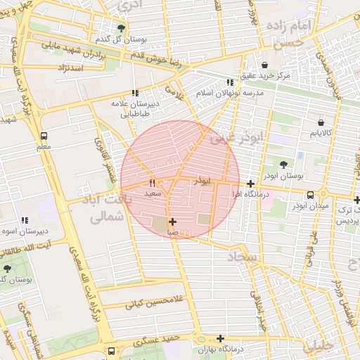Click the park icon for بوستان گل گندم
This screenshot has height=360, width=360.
[121, 28]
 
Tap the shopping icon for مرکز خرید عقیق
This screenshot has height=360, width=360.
[264, 63]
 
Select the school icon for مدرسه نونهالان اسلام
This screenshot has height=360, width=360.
[230, 82]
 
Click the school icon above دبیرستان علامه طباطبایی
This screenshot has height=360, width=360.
[134, 92]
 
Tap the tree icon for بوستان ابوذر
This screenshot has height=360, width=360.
[283, 163]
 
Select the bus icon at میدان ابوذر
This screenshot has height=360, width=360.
[310, 195]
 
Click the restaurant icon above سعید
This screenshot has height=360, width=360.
[152, 183]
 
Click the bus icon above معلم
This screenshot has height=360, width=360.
[44, 136]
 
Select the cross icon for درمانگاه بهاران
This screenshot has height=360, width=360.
[221, 338]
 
